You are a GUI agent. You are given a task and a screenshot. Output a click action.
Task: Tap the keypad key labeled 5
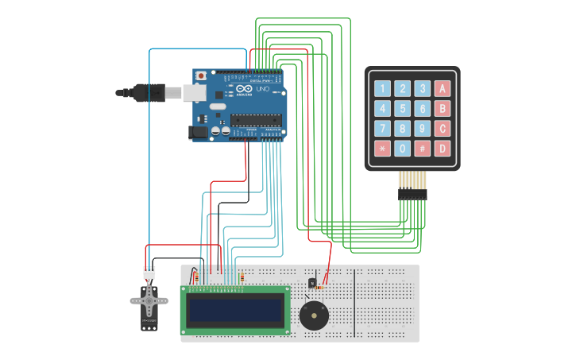[403, 109]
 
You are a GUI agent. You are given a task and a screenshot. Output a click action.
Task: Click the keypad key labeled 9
[423, 129]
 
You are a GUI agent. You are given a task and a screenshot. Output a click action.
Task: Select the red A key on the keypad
[443, 89]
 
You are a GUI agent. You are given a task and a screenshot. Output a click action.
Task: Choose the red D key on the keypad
[443, 149]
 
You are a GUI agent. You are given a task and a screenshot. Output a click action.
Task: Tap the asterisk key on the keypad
[383, 149]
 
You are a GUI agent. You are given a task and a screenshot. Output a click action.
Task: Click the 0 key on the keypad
[403, 149]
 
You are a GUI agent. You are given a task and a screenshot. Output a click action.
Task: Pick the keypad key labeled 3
[423, 89]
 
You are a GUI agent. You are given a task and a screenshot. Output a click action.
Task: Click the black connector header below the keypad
[412, 194]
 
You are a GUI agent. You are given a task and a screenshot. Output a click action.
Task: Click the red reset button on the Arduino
[200, 76]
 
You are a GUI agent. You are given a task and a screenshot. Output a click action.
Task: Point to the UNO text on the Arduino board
[263, 89]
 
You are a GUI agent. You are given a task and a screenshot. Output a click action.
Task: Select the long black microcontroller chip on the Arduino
[256, 120]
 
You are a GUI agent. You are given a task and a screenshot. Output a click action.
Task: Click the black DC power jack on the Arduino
[198, 133]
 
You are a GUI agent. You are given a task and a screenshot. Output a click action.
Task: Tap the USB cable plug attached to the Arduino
[151, 93]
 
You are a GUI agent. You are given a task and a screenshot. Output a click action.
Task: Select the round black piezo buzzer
[314, 315]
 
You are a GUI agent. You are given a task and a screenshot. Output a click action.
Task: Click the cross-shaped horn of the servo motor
[149, 300]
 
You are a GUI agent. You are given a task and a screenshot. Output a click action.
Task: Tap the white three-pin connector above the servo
[149, 273]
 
